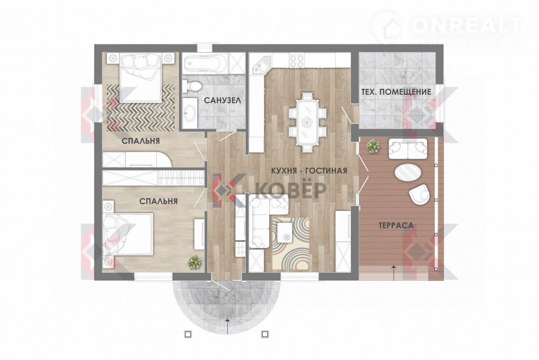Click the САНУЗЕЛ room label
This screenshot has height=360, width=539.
pyautogui.click(x=222, y=100)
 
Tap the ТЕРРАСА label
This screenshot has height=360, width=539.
pyautogui.click(x=396, y=225)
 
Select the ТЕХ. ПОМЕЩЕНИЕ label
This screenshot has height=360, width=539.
pyautogui.click(x=396, y=92)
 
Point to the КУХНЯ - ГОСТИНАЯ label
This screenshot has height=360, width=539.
pyautogui.click(x=309, y=171)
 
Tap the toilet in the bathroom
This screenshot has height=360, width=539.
pyautogui.click(x=192, y=87)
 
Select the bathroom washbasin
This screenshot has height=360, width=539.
pyautogui.click(x=189, y=113)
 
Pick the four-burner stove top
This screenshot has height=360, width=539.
pyautogui.click(x=297, y=61)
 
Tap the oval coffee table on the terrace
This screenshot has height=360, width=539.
pyautogui.click(x=408, y=172)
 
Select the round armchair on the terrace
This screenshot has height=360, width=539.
pyautogui.click(x=419, y=195)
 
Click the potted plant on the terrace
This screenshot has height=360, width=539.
pyautogui.click(x=373, y=146)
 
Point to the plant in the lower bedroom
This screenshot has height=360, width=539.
pyautogui.click(x=194, y=262)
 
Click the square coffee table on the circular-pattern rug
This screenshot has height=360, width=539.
pyautogui.click(x=285, y=232)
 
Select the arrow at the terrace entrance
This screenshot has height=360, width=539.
pyautogui.click(x=394, y=272)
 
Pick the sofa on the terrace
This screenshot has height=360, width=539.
pyautogui.click(x=408, y=149)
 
